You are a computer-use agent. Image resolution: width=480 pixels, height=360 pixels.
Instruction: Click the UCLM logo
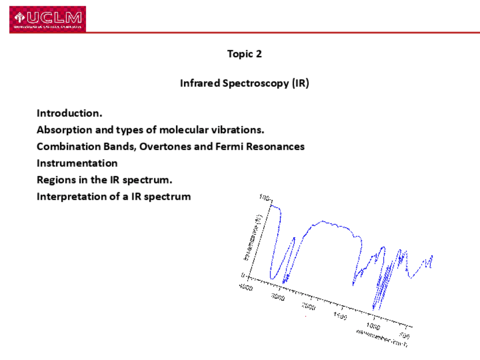coord(48,19)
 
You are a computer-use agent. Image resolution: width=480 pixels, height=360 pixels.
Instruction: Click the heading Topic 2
coord(245,54)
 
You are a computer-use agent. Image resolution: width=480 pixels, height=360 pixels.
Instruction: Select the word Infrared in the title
coord(200,83)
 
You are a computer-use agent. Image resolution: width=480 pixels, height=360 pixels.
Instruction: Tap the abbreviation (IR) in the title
coord(300,83)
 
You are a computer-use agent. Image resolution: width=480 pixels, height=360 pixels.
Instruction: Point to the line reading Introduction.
coord(70,113)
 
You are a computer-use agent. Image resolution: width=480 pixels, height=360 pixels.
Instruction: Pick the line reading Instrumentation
coord(77,163)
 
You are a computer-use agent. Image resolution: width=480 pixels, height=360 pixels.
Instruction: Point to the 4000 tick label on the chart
coord(246,287)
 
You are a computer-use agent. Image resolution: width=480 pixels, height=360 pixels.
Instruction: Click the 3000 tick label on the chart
coord(277,297)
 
